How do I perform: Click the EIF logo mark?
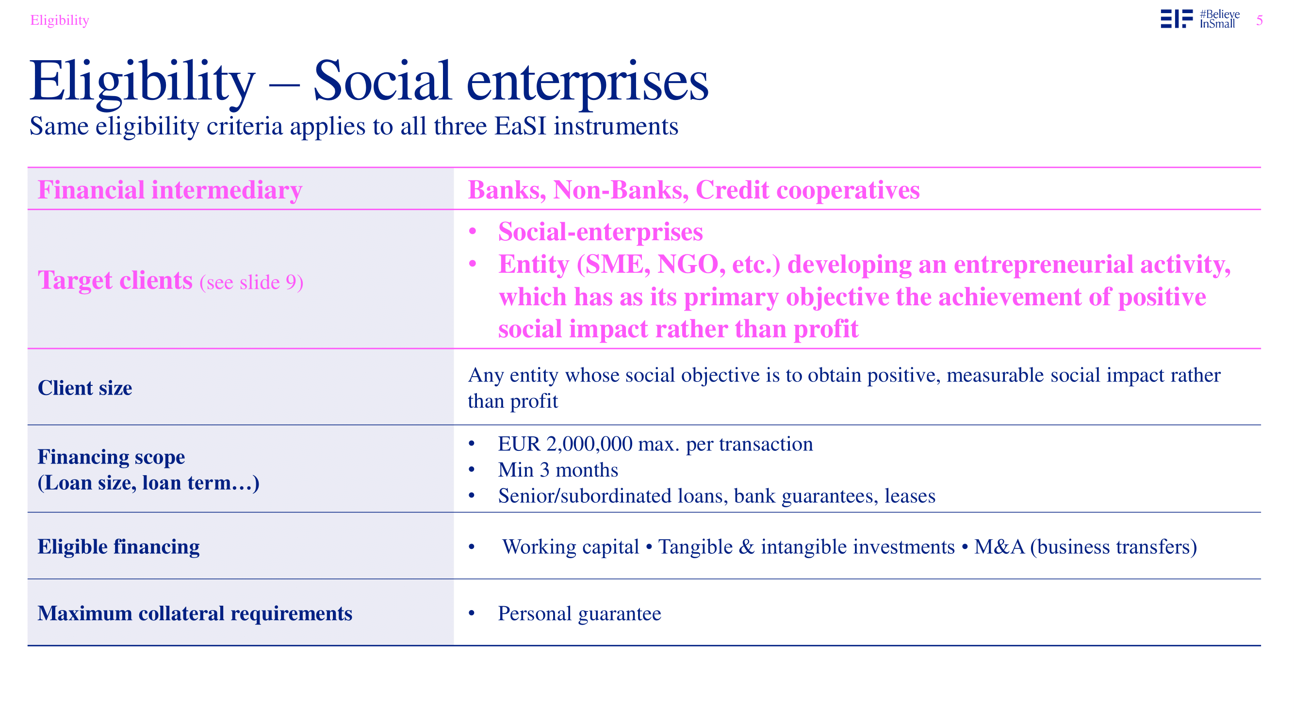tap(1177, 18)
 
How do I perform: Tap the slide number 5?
tap(1260, 20)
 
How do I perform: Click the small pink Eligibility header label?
tap(60, 20)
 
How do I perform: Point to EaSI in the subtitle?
tap(521, 126)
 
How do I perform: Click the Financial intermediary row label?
tap(170, 190)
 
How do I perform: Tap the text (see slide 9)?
tap(252, 282)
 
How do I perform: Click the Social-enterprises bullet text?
tap(600, 232)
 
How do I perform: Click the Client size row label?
tap(85, 388)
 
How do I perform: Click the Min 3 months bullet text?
tap(558, 470)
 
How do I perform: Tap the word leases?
tap(910, 496)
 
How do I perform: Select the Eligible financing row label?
tap(118, 546)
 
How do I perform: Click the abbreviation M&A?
tap(999, 547)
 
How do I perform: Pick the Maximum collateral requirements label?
tap(195, 613)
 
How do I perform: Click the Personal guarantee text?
tap(580, 614)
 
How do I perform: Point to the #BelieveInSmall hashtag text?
tap(1220, 19)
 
